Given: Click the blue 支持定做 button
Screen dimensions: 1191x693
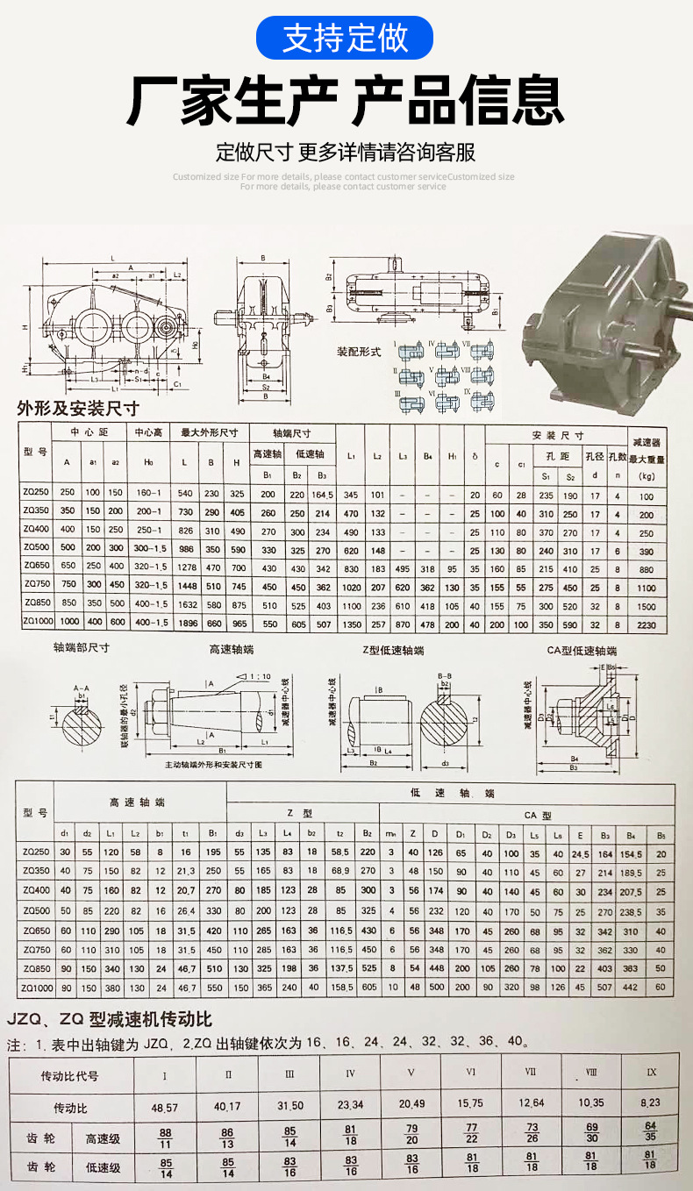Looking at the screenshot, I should coord(346,39).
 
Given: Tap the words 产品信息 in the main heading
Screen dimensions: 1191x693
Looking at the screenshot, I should coord(456,102).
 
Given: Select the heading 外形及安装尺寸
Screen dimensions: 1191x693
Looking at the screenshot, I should coord(78,408).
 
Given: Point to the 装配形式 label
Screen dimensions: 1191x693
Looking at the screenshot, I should coord(359,351).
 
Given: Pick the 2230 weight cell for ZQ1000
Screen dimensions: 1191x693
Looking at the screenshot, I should coord(647,622).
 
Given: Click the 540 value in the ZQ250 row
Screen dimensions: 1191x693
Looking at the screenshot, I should coord(185,495).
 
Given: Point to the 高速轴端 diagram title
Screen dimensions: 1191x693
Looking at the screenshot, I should coord(231,650).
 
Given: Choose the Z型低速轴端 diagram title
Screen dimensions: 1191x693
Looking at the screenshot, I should coord(393,650).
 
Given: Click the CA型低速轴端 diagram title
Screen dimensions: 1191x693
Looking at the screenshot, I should coord(582,650).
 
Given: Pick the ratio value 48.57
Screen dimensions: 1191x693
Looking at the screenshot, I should coord(164,1107).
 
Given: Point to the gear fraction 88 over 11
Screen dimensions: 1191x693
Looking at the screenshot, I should coord(165,1138).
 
